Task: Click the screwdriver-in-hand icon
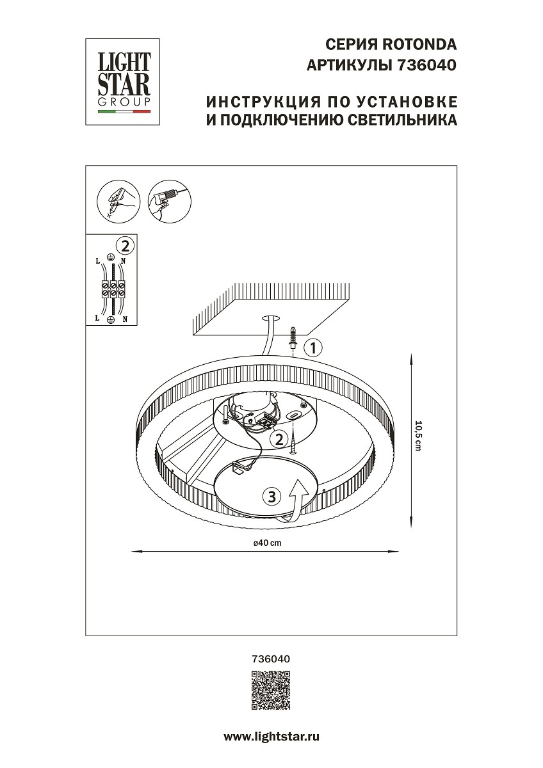[116, 200]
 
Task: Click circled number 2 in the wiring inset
[126, 244]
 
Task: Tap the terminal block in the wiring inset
[112, 289]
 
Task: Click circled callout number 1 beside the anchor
[312, 348]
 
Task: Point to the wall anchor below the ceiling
[293, 337]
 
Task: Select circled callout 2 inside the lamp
[278, 438]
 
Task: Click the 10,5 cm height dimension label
[418, 436]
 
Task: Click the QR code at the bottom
[271, 691]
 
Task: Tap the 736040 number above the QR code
[271, 658]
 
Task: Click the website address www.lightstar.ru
[271, 737]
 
